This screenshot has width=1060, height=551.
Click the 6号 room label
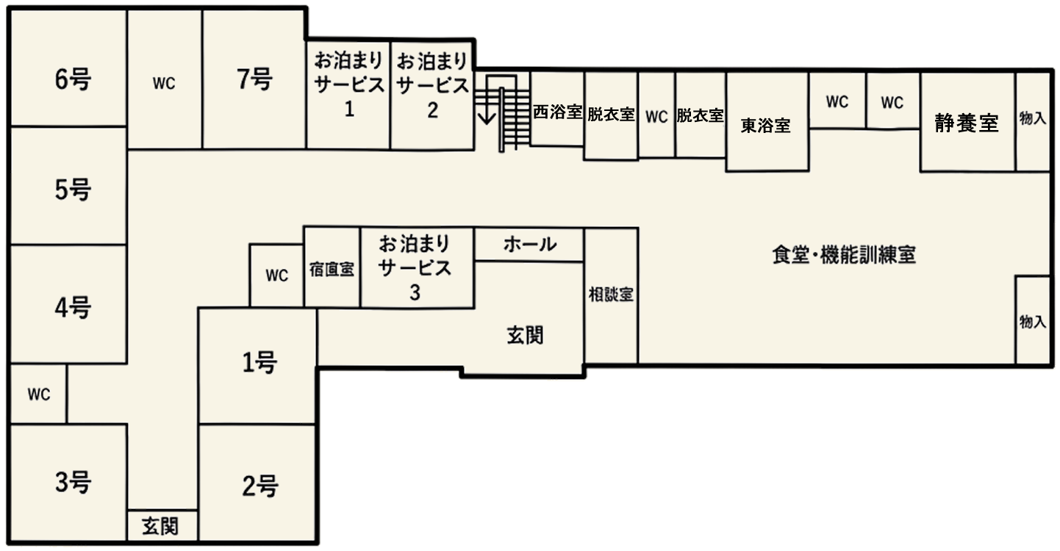[73, 79]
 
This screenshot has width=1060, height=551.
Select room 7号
[254, 79]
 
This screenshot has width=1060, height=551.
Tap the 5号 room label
[73, 190]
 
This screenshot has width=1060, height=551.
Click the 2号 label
[259, 486]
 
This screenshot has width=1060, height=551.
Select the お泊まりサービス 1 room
[348, 95]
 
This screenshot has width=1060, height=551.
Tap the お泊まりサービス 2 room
[432, 96]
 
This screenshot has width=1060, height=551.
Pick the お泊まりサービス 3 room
[417, 267]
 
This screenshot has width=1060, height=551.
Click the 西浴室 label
[557, 112]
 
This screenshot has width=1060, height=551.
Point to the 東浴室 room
[767, 121]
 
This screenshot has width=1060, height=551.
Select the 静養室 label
[967, 123]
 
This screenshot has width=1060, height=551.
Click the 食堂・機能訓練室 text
[844, 255]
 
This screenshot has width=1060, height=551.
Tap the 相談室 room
[611, 295]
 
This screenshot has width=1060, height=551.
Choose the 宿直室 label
[332, 270]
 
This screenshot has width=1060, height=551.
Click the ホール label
[529, 245]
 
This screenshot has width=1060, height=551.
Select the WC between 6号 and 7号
[164, 79]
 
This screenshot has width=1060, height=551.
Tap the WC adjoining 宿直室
[276, 275]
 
